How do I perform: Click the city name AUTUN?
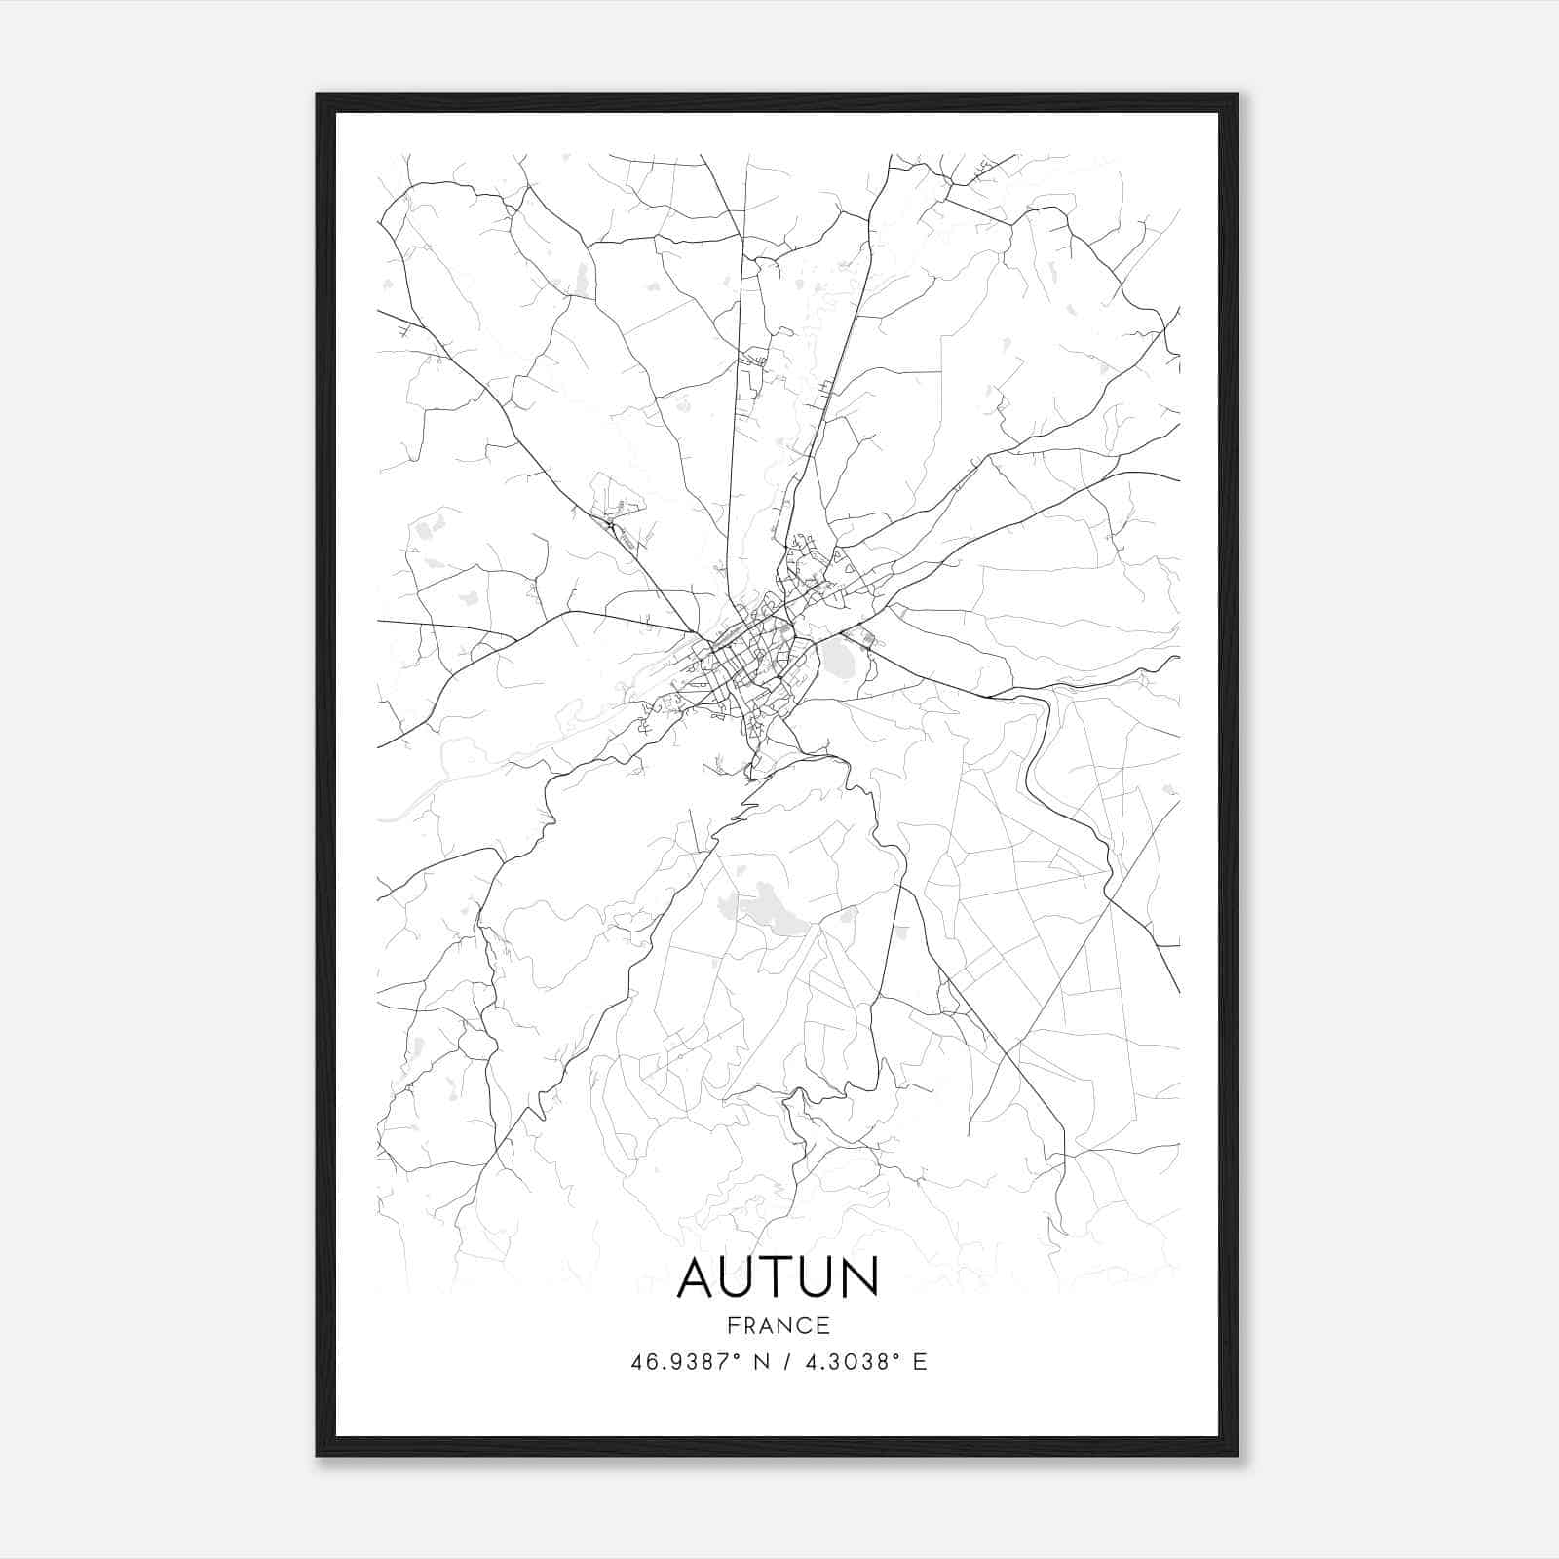coord(778,1276)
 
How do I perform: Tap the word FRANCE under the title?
coord(778,1326)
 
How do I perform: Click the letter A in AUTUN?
coord(697,1276)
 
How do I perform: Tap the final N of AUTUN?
coord(858,1276)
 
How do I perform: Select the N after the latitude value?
coord(762,1362)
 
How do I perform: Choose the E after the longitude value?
coord(920,1362)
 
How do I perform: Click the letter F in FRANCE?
coord(733,1326)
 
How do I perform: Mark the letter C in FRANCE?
coord(804,1326)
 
